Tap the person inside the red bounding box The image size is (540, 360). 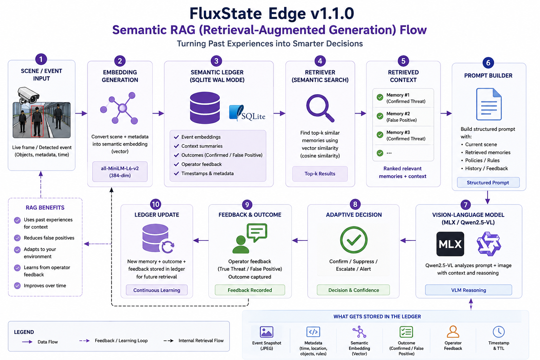[37, 121]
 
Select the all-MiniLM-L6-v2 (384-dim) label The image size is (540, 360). [120, 172]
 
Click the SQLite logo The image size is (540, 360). [247, 113]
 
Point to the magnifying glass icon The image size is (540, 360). [320, 108]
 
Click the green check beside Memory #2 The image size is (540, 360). [380, 116]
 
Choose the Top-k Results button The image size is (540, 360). [320, 174]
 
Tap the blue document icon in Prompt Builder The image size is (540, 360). [489, 104]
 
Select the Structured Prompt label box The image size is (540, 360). [488, 182]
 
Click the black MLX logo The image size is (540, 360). [450, 244]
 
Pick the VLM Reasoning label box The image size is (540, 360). [468, 290]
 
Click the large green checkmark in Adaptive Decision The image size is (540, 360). [354, 240]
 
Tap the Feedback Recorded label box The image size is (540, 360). [250, 290]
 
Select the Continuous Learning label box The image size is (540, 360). [157, 290]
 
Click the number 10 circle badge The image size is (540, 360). [156, 205]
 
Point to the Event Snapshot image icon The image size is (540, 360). [266, 332]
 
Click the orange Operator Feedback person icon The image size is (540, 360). [453, 332]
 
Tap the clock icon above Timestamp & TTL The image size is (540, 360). [499, 332]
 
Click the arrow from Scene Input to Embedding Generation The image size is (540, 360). [81, 113]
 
